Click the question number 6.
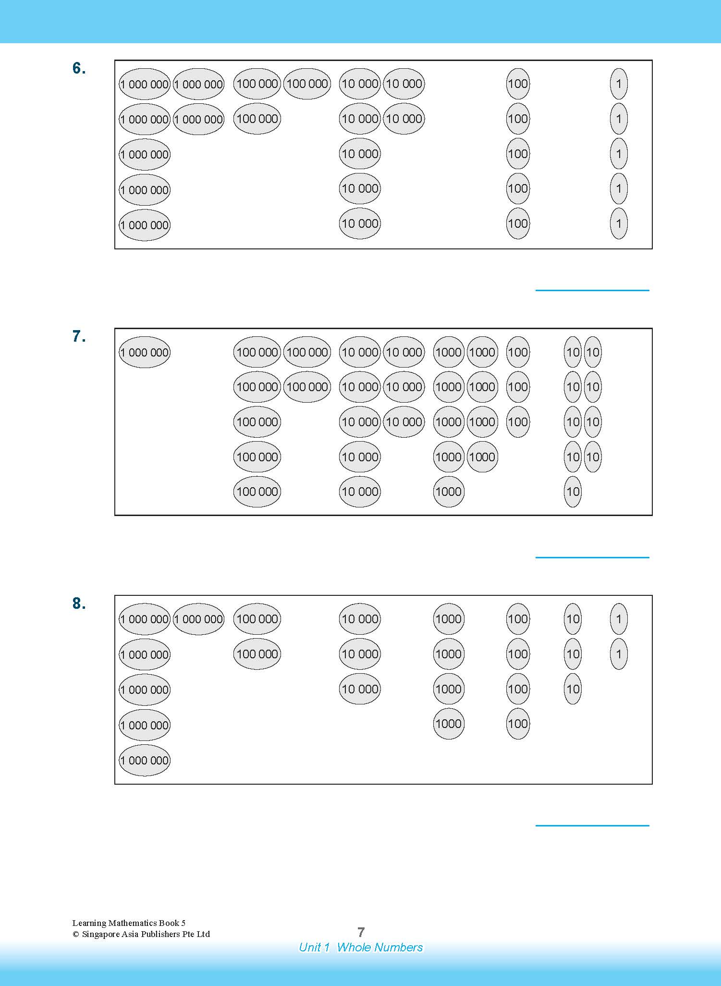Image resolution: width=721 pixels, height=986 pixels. (x=79, y=69)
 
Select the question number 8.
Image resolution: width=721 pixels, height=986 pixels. (x=79, y=604)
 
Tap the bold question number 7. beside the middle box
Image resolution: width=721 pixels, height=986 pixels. (x=79, y=336)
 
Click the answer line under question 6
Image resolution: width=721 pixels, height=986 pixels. (x=592, y=290)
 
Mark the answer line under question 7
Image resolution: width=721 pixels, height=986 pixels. (x=592, y=557)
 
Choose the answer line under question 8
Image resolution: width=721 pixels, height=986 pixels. (x=592, y=826)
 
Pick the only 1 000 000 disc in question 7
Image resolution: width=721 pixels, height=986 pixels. (x=145, y=352)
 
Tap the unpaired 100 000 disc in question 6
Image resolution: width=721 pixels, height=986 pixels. (x=257, y=119)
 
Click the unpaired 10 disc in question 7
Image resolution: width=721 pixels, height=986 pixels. (x=573, y=492)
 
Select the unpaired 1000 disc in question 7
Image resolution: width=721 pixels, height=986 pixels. (x=449, y=492)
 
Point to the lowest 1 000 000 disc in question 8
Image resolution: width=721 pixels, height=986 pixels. (x=145, y=760)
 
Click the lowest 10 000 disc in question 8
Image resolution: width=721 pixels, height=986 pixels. (x=360, y=689)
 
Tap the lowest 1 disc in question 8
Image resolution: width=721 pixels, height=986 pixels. (x=619, y=654)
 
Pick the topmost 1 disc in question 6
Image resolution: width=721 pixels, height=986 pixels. (x=619, y=84)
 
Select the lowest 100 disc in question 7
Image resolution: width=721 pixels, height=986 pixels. (x=518, y=422)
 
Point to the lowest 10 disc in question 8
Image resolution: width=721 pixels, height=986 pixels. (x=573, y=689)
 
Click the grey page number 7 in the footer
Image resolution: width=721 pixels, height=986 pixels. (x=361, y=932)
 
